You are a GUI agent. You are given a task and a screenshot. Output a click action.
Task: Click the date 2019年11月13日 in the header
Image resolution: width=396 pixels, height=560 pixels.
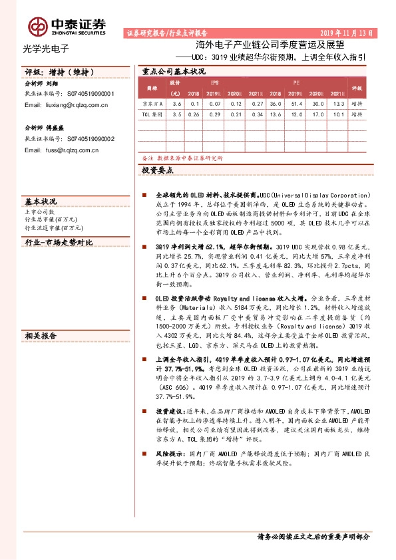point(347,32)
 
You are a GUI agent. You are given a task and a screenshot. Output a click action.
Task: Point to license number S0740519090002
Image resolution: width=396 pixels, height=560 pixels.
point(91,138)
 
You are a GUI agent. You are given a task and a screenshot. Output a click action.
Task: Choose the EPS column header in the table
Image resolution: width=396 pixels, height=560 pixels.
point(214,81)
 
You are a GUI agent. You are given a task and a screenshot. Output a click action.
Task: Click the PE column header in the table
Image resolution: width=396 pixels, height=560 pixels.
point(297,81)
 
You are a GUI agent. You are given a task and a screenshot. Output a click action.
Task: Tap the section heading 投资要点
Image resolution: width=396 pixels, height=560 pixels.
point(157,171)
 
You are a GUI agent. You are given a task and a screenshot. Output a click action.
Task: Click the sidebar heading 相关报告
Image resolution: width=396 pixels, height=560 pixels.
point(41,336)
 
